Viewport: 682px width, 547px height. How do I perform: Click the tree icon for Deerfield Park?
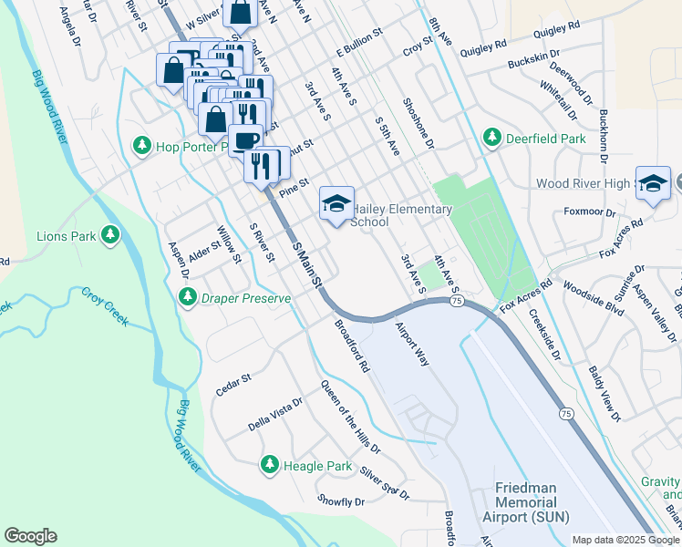[x=492, y=138]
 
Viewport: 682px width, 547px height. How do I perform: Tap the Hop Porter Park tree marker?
[x=141, y=145]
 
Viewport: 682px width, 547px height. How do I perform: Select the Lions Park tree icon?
[x=110, y=236]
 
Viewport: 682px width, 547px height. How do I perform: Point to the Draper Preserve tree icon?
[x=188, y=297]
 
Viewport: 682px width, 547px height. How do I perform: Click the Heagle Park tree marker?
[x=269, y=465]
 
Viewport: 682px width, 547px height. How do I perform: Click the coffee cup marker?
[x=245, y=140]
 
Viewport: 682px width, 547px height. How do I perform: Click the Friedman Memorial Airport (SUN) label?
[x=531, y=502]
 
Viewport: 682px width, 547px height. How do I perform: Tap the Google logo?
[x=31, y=536]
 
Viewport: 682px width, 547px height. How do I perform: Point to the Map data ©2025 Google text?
[x=625, y=540]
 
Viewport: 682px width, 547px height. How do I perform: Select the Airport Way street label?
[x=411, y=343]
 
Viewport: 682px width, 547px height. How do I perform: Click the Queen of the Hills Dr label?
[x=350, y=417]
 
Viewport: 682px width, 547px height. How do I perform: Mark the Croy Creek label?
[x=106, y=307]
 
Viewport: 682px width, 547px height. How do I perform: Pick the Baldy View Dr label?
[x=604, y=397]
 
